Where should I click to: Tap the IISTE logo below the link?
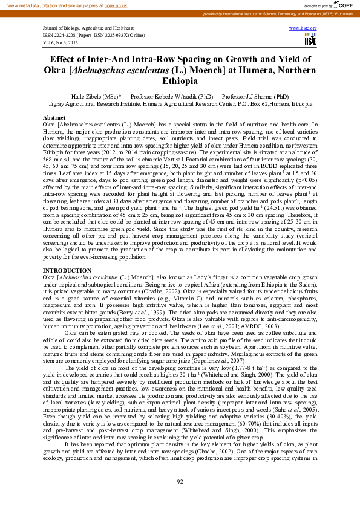tap(310, 40)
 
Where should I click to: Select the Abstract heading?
tap(54, 117)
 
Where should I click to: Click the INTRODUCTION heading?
tap(67, 270)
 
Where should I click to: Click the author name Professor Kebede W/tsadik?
tap(172, 97)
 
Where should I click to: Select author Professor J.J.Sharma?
tap(255, 97)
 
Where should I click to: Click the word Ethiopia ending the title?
tap(180, 82)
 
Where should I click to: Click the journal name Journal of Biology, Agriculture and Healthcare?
tap(87, 28)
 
